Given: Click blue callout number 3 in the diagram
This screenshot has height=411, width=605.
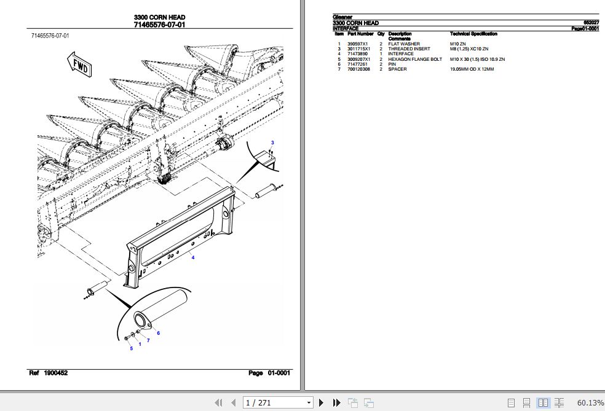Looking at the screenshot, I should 272,143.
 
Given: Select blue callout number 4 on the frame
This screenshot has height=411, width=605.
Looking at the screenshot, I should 193,257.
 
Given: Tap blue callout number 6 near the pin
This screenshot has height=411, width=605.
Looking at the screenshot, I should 158,333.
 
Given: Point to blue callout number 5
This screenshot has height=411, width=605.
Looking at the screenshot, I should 131,349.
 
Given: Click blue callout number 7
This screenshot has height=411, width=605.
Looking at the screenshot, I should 148,340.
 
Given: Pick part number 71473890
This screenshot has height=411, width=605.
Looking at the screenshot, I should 358,54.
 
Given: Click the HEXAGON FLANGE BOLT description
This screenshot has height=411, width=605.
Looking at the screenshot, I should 415,59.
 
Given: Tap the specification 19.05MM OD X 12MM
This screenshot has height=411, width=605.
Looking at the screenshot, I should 472,69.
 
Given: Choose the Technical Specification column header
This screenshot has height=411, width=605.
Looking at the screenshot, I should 473,34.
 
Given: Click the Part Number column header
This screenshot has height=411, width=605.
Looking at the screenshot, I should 360,34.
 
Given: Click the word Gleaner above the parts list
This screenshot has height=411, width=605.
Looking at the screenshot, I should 342,17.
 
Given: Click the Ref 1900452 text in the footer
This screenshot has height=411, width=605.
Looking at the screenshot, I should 49,373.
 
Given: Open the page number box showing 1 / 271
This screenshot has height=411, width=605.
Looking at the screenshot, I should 278,403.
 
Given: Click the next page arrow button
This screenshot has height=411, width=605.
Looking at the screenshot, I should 320,403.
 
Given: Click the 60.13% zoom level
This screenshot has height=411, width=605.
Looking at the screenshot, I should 590,403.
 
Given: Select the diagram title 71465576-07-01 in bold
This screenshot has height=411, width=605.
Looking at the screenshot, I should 159,25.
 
